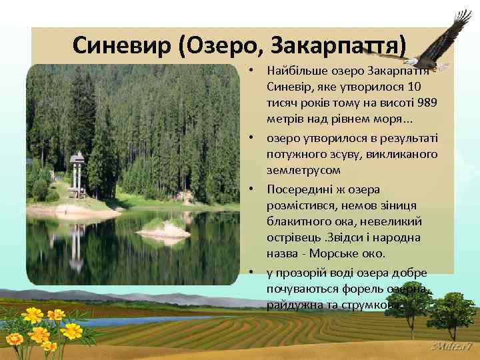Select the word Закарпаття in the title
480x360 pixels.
pyautogui.click(x=337, y=45)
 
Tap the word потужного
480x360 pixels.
pyautogui.click(x=293, y=154)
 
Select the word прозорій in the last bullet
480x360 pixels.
pyautogui.click(x=299, y=271)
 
